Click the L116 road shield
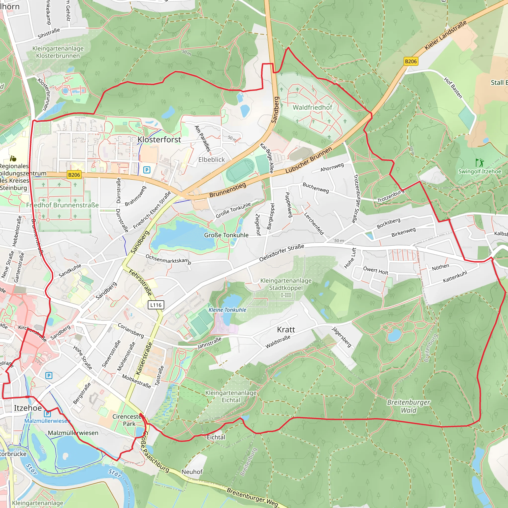pos(156,305)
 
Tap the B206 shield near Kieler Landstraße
pos(411,61)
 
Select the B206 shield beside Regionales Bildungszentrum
pos(74,175)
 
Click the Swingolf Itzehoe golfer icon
pos(479,162)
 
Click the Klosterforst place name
pos(159,140)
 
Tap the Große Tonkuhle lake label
pos(226,235)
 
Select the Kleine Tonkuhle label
pos(227,310)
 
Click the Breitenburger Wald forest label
pos(408,406)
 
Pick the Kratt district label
pos(286,329)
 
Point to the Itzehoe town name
pos(28,408)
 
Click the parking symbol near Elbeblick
pos(147,170)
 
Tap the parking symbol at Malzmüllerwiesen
pos(47,414)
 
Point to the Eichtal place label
pos(216,437)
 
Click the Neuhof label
pos(192,472)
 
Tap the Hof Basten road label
pos(453,88)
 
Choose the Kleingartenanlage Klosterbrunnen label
pos(58,52)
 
